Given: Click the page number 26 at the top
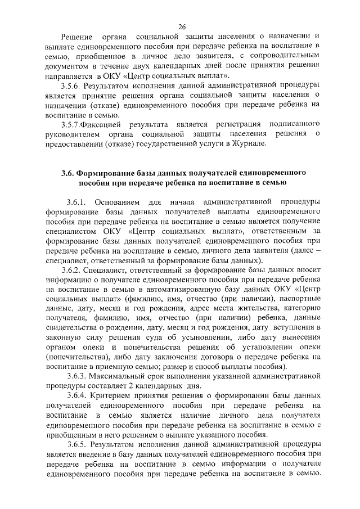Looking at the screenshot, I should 182,26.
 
